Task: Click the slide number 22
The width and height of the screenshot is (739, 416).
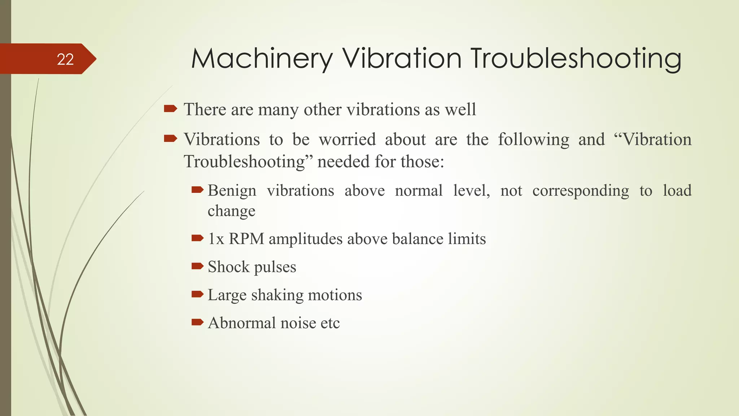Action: pyautogui.click(x=65, y=59)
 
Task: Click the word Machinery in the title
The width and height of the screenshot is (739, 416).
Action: pyautogui.click(x=262, y=58)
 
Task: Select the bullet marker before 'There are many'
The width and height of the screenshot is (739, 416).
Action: pyautogui.click(x=170, y=108)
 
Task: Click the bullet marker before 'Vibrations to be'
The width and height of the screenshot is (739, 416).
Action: pyautogui.click(x=170, y=138)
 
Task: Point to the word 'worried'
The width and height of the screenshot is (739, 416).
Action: pyautogui.click(x=347, y=139)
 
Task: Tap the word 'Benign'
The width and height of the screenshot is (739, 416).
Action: pyautogui.click(x=232, y=190)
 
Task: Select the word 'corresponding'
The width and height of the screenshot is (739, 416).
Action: pyautogui.click(x=581, y=191)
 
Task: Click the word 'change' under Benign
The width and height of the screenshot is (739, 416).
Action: pyautogui.click(x=231, y=211)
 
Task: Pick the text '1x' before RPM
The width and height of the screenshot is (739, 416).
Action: pyautogui.click(x=216, y=239)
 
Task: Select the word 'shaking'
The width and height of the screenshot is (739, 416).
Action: pyautogui.click(x=277, y=295)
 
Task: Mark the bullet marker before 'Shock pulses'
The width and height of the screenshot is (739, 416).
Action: pyautogui.click(x=197, y=266)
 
